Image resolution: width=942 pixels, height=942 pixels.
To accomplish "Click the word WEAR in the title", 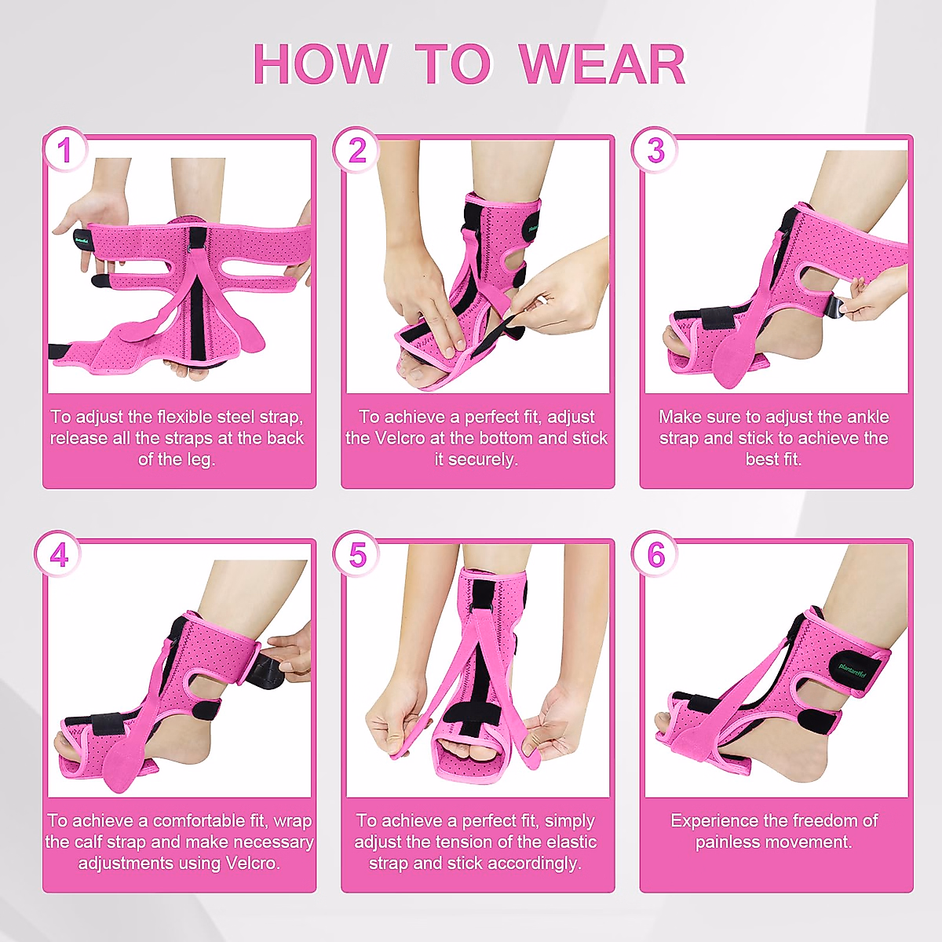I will click(602, 64).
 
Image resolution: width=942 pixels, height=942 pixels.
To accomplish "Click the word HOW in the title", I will click(320, 64).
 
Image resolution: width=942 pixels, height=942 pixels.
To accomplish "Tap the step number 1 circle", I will click(64, 150).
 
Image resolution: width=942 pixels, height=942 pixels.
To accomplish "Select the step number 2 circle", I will click(357, 150).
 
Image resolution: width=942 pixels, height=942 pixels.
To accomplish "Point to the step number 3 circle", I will click(655, 150).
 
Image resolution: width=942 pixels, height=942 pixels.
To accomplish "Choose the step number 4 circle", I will click(59, 554).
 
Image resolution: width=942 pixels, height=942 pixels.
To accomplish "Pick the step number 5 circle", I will click(357, 554).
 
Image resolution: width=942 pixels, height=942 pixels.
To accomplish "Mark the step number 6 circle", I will click(655, 554).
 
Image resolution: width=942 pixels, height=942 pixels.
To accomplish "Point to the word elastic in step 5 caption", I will click(568, 842).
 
